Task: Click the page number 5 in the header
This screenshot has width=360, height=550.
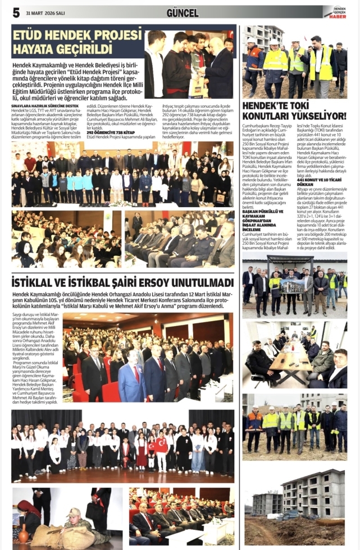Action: (16, 12)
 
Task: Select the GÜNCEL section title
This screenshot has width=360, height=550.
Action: (183, 12)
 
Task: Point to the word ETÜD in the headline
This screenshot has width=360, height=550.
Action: (33, 35)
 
